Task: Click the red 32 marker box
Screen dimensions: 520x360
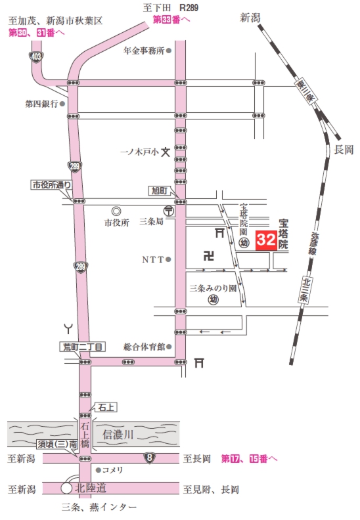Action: coord(265,241)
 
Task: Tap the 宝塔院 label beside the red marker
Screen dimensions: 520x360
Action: coord(284,232)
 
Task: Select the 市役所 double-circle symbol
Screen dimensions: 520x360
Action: coord(116,211)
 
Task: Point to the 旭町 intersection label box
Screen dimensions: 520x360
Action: coord(160,190)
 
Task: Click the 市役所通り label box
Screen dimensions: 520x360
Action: coord(52,185)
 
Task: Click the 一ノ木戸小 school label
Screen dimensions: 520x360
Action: coord(139,151)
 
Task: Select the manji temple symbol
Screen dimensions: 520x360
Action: coord(209,255)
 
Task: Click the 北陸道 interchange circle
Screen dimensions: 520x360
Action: coord(66,489)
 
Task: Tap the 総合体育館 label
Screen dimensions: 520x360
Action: coord(143,347)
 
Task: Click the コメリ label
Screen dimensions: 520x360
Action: coord(112,470)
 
